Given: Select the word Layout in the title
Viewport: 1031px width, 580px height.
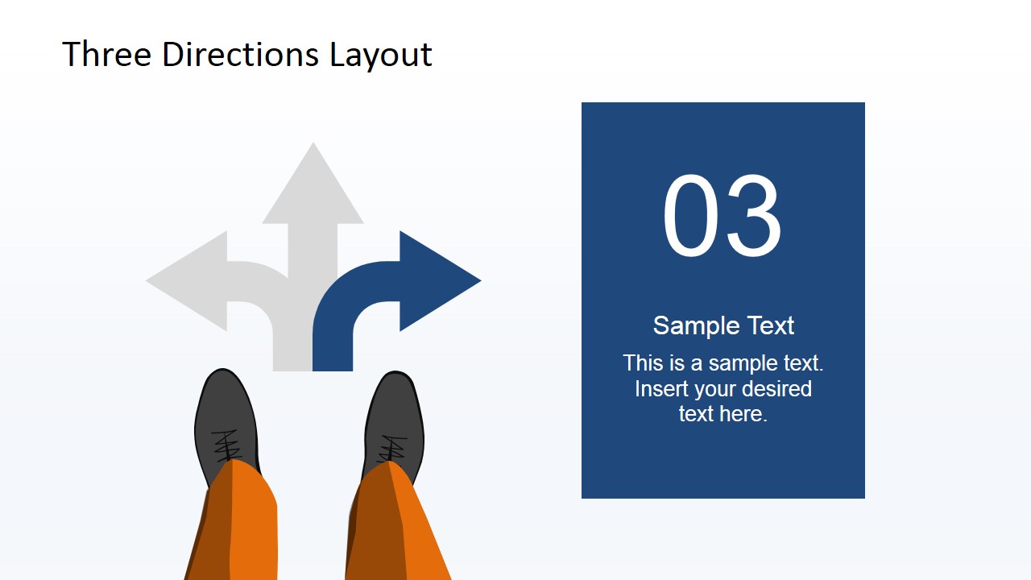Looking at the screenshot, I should pos(381,54).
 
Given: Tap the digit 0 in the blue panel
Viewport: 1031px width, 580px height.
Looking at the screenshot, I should pos(691,217).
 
